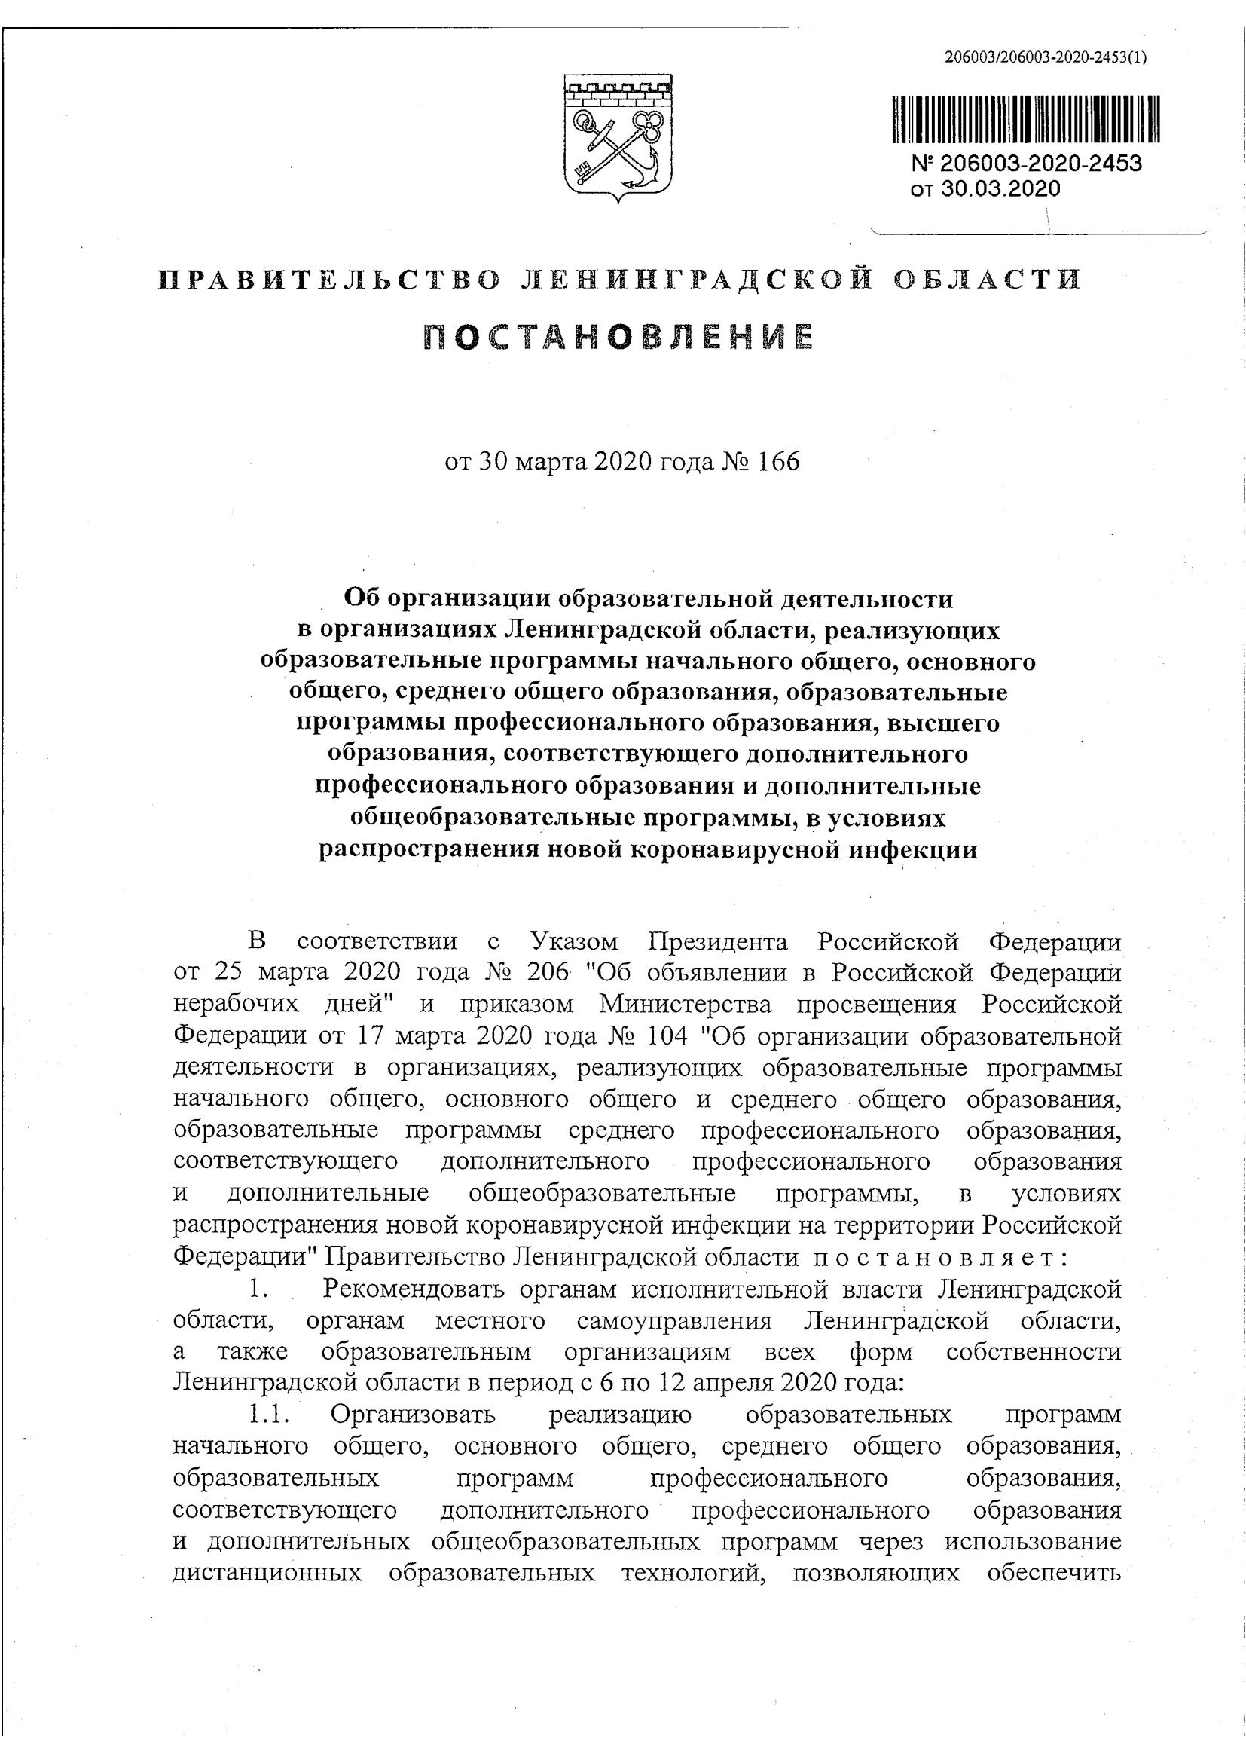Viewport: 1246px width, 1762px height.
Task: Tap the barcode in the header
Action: click(x=1026, y=119)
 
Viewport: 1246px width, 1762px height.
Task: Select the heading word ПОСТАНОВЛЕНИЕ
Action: click(x=618, y=338)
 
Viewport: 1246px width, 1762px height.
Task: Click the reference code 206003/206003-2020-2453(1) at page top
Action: click(x=1046, y=57)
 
